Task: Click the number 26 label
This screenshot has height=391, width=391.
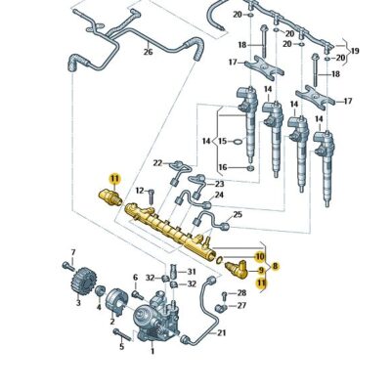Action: pyautogui.click(x=148, y=52)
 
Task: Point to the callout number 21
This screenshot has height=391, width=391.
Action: pyautogui.click(x=221, y=332)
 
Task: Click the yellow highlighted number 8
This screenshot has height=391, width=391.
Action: pyautogui.click(x=275, y=265)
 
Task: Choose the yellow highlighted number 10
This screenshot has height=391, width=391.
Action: pyautogui.click(x=260, y=256)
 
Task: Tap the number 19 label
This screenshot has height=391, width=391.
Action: pyautogui.click(x=355, y=51)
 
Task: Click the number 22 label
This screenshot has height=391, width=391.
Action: pyautogui.click(x=157, y=163)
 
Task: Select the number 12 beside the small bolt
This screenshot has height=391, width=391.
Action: pyautogui.click(x=139, y=191)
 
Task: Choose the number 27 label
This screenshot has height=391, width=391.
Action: pyautogui.click(x=241, y=305)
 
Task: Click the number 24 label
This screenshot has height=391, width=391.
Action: pyautogui.click(x=219, y=195)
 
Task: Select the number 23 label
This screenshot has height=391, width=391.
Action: pyautogui.click(x=219, y=183)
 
